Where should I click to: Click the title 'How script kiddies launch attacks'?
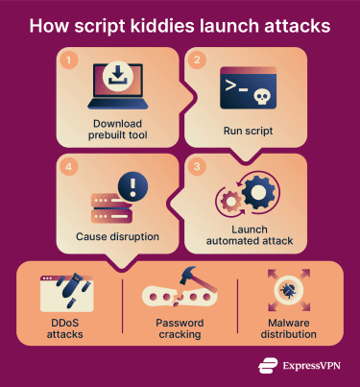pyautogui.click(x=180, y=23)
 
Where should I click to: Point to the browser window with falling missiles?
pyautogui.click(x=66, y=291)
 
